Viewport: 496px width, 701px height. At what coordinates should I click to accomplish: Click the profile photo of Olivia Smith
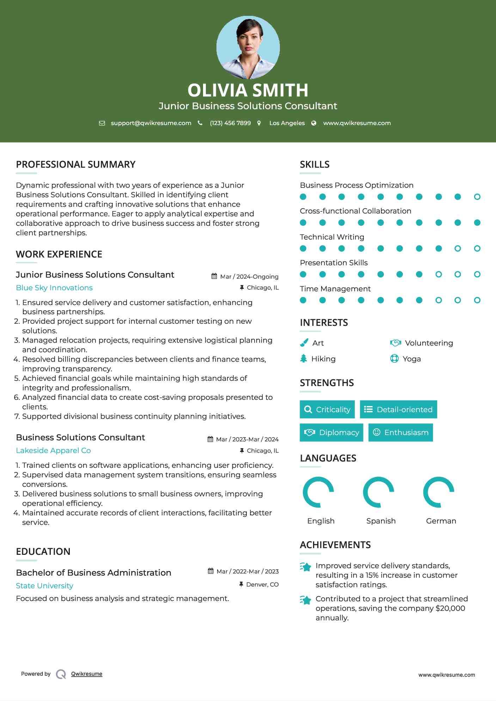[248, 47]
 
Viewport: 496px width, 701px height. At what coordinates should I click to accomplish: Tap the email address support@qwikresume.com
[151, 123]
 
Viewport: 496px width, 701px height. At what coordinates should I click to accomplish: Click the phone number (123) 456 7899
[230, 123]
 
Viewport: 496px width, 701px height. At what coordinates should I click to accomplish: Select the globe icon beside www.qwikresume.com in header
[314, 123]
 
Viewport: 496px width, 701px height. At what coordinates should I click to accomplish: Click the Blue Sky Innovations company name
[54, 288]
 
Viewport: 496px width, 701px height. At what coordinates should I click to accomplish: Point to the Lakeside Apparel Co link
[53, 451]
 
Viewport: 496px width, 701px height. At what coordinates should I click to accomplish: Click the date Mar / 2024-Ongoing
[249, 277]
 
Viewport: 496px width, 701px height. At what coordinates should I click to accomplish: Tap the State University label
[44, 586]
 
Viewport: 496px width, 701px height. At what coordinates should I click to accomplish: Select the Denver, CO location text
[262, 584]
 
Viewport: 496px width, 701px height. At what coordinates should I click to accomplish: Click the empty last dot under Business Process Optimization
[477, 197]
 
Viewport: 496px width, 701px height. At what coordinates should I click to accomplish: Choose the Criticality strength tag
[327, 409]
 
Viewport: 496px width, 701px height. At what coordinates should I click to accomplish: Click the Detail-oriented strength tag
[398, 409]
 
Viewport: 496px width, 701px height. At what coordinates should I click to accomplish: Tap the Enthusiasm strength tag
[400, 432]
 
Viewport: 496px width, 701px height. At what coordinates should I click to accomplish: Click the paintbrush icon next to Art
[304, 343]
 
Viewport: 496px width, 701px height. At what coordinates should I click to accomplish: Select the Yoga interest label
[412, 359]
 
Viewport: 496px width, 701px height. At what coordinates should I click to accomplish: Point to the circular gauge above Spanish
[378, 492]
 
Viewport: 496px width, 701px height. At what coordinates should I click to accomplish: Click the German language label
[441, 521]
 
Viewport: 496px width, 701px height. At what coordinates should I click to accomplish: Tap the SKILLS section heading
[314, 165]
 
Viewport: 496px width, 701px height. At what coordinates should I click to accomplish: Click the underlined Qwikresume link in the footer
[87, 674]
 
